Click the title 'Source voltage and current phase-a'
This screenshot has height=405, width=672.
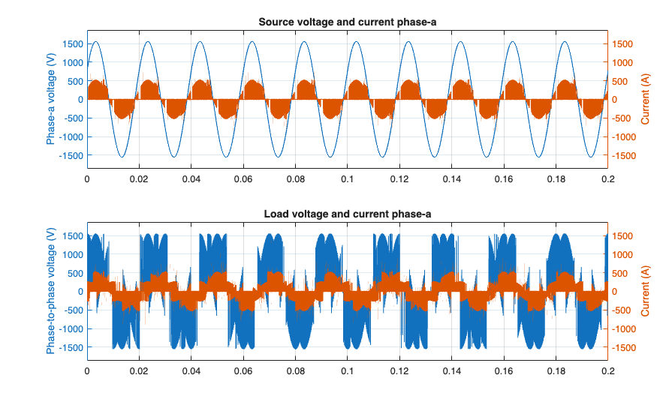coord(347,22)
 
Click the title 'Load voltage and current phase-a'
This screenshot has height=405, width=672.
coord(347,214)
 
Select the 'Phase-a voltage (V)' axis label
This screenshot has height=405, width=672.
coord(51,100)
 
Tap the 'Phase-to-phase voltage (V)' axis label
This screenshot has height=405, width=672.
coord(51,292)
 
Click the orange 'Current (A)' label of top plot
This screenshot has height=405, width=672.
coord(645,100)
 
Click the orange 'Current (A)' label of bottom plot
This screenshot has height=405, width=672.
coord(645,292)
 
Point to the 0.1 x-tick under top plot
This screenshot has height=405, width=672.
coord(348,180)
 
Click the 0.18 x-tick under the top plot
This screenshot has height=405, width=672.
coord(556,180)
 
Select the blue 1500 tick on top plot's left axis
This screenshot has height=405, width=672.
coord(71,43)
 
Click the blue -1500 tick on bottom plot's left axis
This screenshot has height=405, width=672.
coord(69,348)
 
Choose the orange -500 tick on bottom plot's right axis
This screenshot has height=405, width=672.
coord(623,310)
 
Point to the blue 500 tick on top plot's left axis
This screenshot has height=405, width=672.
coord(74,81)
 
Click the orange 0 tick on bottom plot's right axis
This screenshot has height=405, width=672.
coord(616,292)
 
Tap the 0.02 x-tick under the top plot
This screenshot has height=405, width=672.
coord(139,180)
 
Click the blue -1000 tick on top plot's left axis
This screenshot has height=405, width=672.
coord(69,137)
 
